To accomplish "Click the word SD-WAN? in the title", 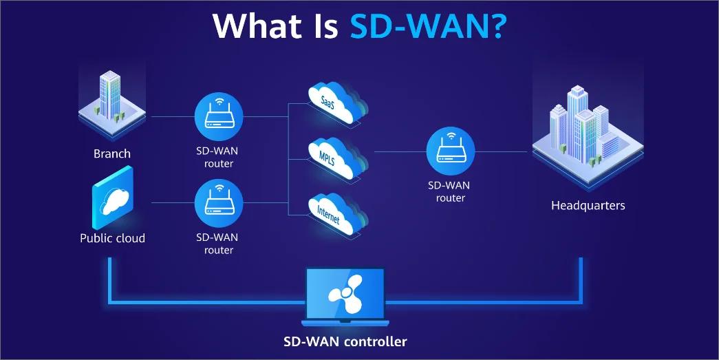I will pos(429,26).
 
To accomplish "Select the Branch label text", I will pos(112,153).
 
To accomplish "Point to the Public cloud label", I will pos(112,238).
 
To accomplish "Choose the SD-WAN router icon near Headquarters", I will pos(451,151).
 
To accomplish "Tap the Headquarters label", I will pos(588,205).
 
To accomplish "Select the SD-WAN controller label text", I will pos(345,341).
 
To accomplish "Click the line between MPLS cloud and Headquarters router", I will pos(399,151).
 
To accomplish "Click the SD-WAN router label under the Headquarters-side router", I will pos(451,191).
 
